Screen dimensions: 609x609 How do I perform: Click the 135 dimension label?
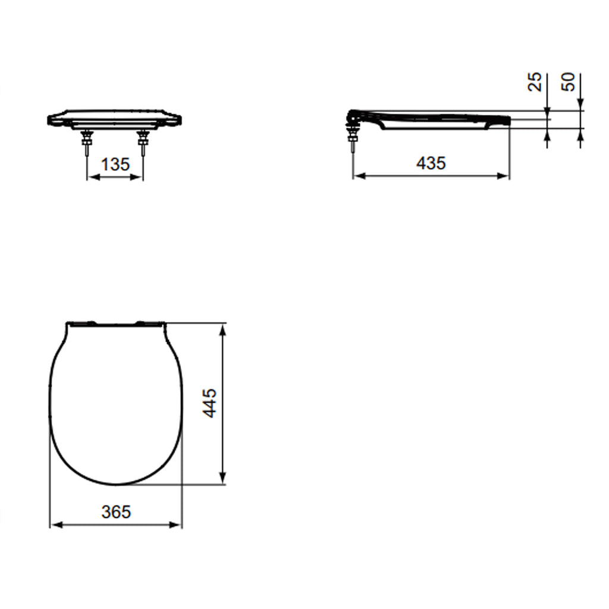coord(115,164)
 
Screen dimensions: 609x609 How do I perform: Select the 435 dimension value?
coord(431,162)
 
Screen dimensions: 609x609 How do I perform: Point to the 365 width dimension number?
coord(115,511)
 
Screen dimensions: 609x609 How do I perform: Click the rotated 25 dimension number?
coord(535,82)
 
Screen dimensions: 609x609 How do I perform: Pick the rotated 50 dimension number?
coord(569,82)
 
